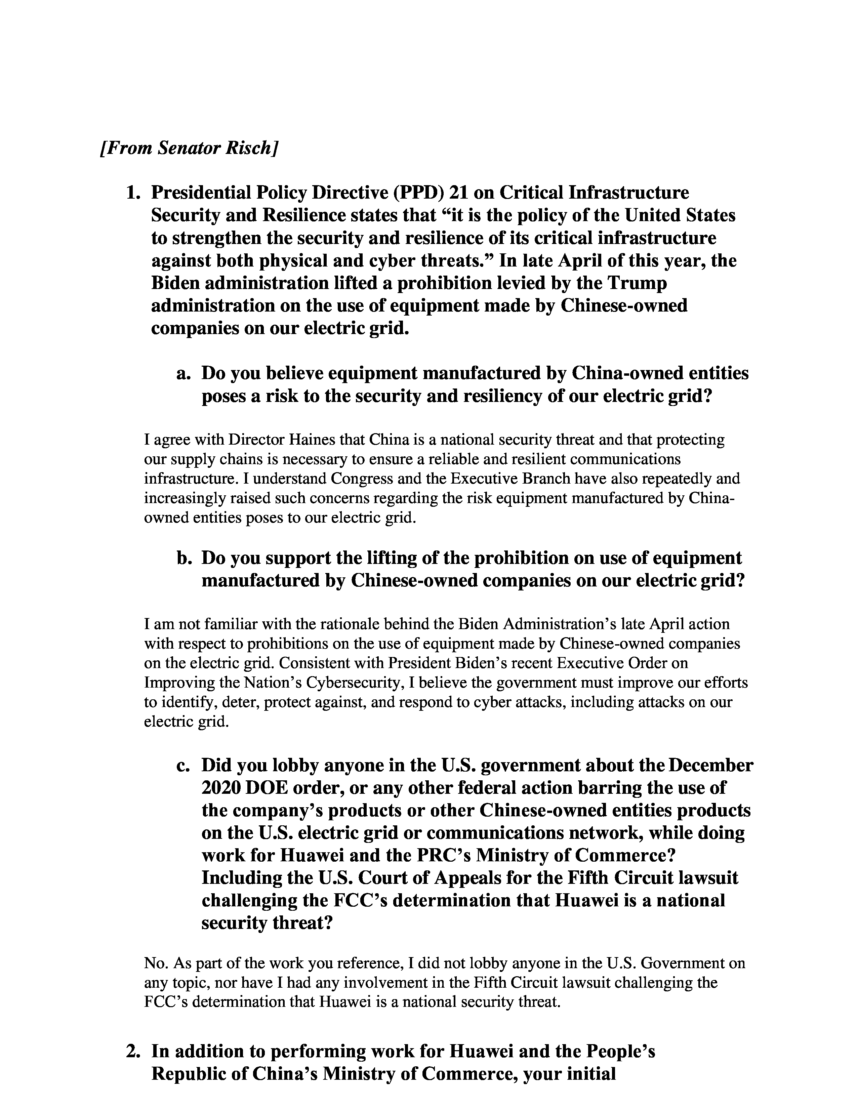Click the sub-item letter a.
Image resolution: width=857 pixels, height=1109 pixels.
click(x=183, y=374)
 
